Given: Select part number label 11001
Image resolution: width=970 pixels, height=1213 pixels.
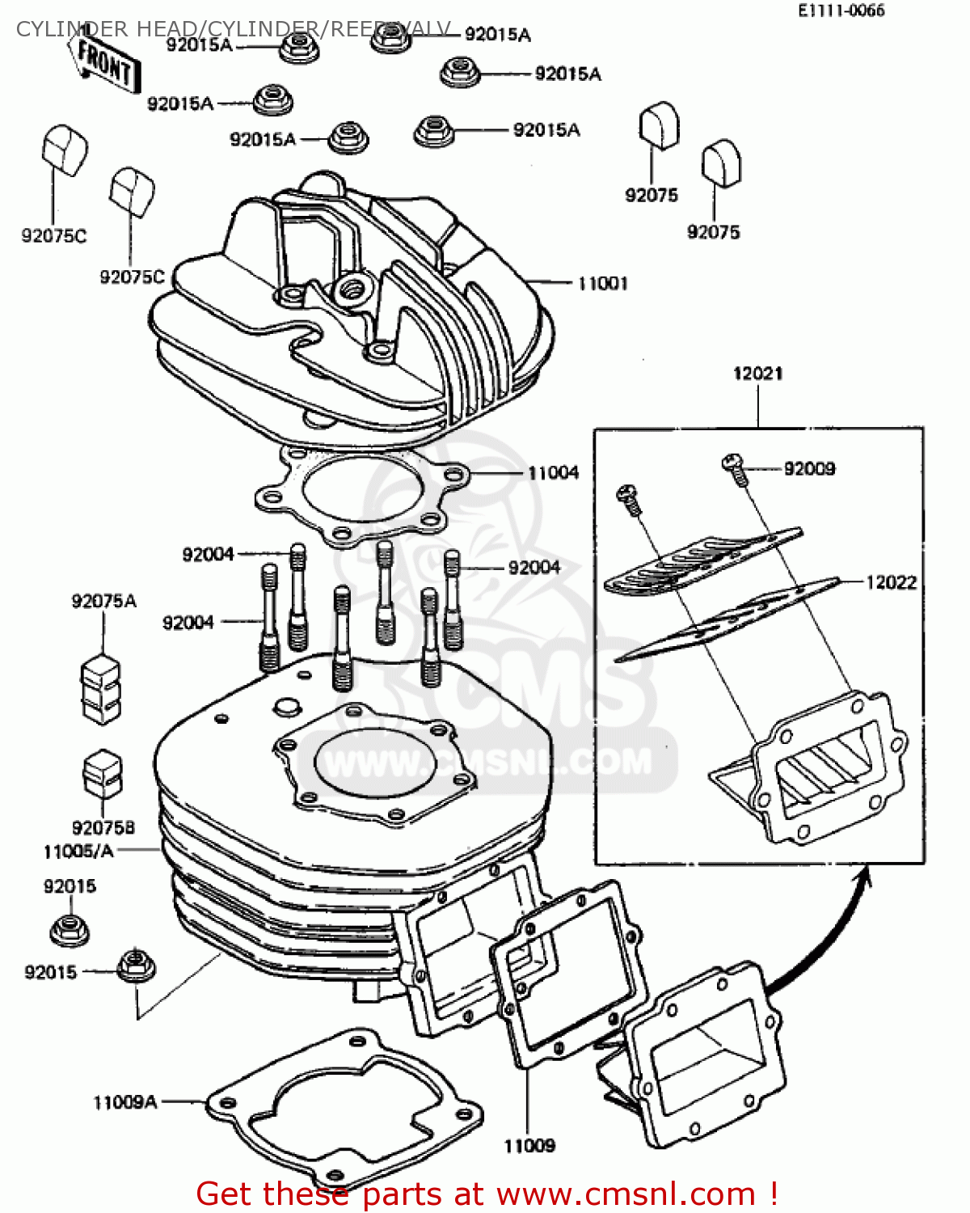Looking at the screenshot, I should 602,283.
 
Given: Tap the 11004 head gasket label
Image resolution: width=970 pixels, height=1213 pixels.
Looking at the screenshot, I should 553,472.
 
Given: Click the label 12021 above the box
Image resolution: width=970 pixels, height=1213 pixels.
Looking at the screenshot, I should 757,374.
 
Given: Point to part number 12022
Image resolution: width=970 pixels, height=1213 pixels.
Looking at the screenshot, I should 891,582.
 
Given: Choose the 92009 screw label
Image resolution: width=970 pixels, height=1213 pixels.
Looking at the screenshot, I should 809,469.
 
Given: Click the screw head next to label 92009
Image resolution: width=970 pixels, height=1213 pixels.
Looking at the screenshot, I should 732,463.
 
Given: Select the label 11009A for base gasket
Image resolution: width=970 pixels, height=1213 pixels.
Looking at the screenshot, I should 125,1102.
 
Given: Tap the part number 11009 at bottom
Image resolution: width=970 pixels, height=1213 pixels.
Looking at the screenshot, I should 529,1146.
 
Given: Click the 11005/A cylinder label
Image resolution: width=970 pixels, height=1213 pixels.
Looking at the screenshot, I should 78,851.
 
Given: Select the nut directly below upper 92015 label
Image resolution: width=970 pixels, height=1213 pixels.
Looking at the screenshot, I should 70,930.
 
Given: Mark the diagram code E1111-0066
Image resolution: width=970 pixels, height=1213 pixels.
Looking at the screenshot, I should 841,11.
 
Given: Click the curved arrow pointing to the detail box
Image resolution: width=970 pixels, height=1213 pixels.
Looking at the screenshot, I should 833,930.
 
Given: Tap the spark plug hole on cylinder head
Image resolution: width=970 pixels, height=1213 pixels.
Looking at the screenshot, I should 354,286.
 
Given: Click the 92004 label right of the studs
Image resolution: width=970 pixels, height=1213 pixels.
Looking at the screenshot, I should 533,568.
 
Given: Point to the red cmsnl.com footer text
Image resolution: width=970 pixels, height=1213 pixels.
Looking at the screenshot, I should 487,1194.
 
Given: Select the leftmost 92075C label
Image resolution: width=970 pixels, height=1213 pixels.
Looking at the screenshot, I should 53,236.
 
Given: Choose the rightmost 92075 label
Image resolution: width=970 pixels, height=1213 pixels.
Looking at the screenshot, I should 713,232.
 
